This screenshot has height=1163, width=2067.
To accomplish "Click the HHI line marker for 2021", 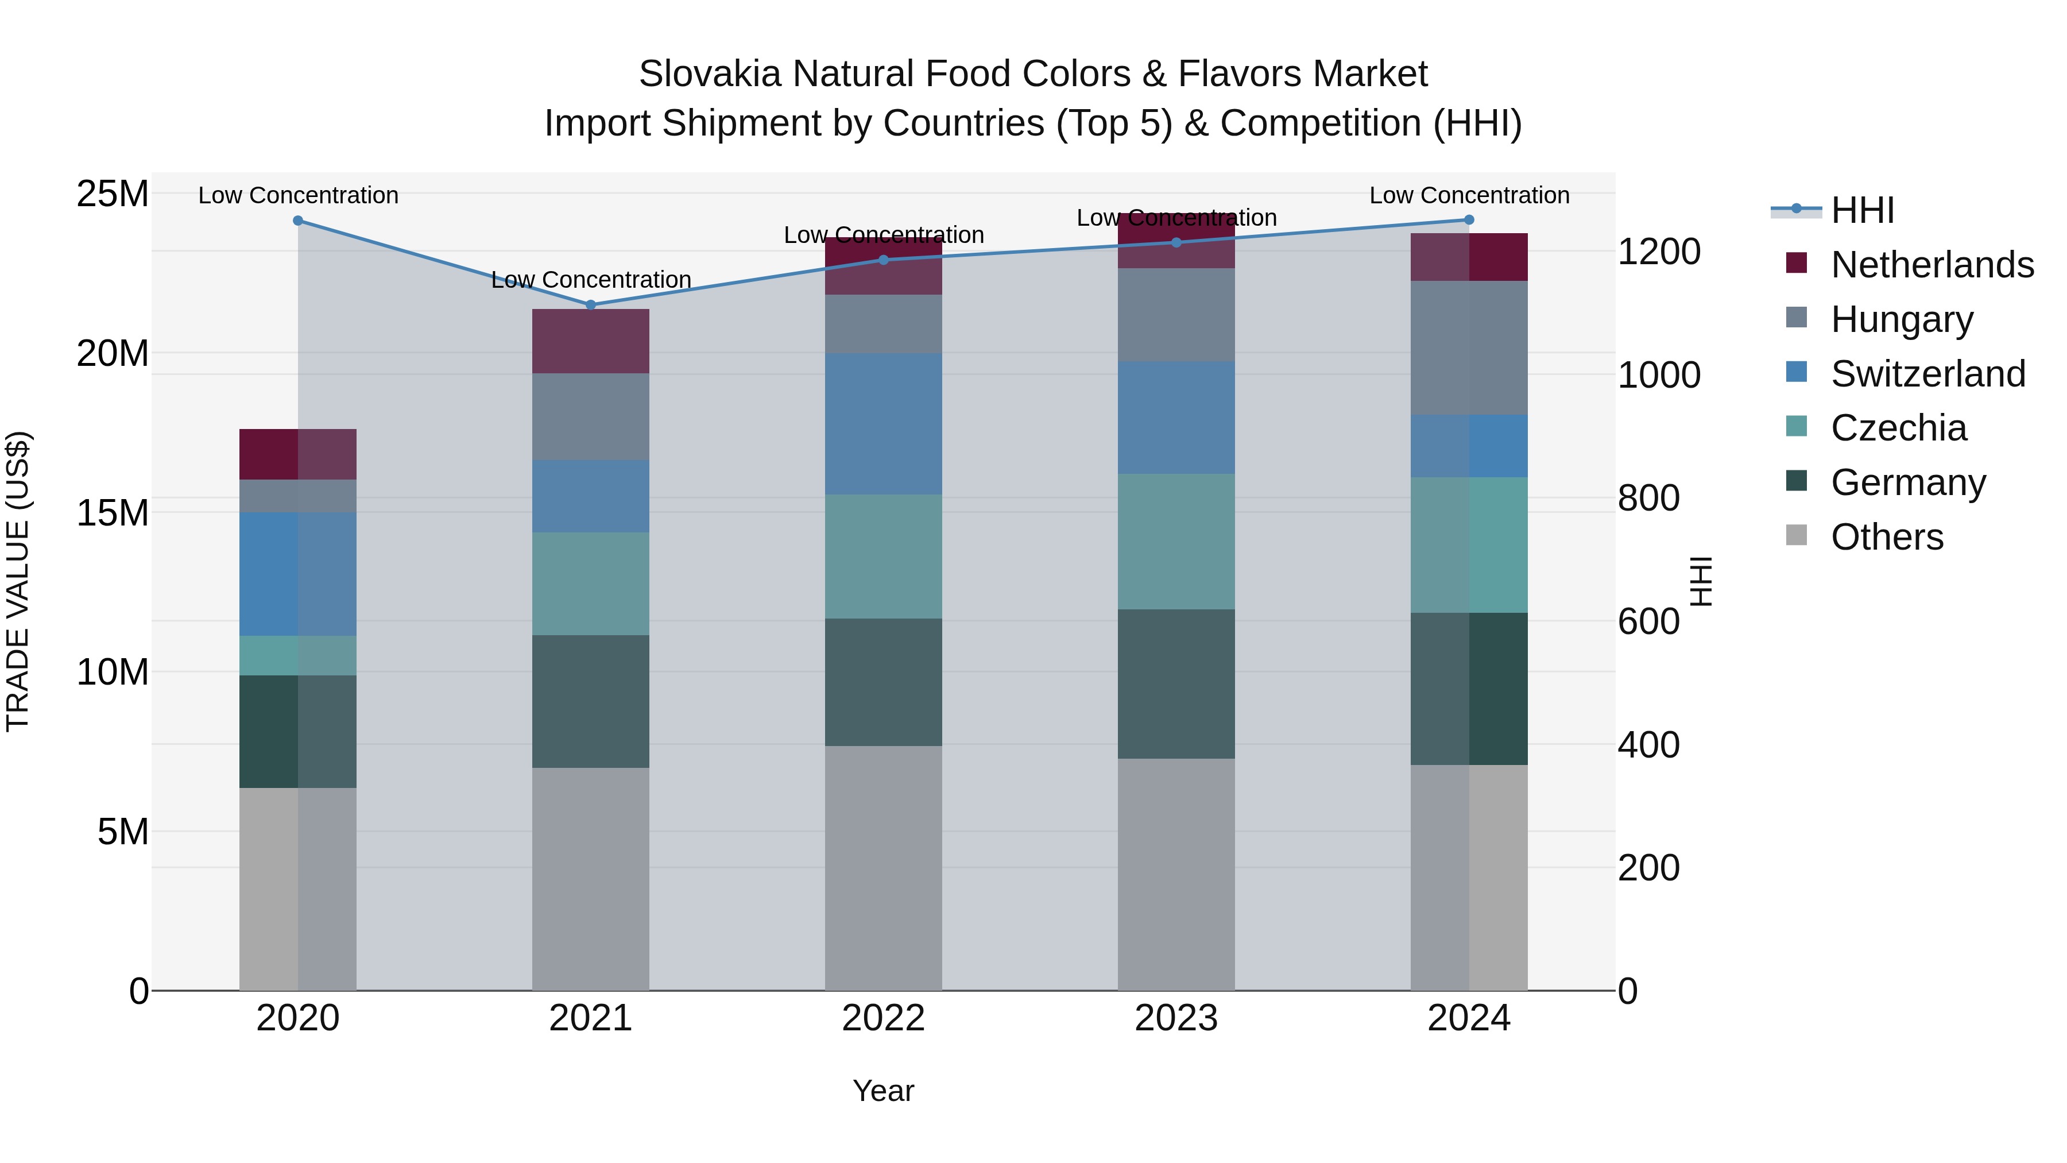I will [591, 305].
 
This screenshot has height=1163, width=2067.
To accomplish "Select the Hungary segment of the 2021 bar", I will [591, 416].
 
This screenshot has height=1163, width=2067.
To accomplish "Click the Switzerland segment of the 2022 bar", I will [884, 424].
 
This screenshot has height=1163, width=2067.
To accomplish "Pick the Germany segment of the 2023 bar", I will [1176, 684].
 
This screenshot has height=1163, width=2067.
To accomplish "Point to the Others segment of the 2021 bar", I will [591, 879].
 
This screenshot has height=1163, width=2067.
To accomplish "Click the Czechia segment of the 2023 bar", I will [1176, 542].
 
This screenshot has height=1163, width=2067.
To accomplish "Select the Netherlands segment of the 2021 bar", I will [591, 341].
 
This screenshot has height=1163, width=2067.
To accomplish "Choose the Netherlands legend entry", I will [1932, 265].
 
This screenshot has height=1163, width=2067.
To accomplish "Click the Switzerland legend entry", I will [1928, 374].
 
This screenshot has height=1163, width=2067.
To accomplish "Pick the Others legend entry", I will [1887, 537].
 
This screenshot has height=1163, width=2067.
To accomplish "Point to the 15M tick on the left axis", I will [113, 513].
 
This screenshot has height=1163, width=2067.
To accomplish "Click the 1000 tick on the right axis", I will [1659, 375].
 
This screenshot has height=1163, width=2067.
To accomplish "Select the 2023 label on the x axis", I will [1176, 1018].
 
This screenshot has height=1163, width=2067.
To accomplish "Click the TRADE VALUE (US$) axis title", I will [18, 581].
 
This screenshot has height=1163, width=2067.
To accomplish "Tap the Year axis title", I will [884, 1091].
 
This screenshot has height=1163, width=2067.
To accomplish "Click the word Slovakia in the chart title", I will [709, 74].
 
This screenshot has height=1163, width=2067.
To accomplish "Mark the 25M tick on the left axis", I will [113, 194].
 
